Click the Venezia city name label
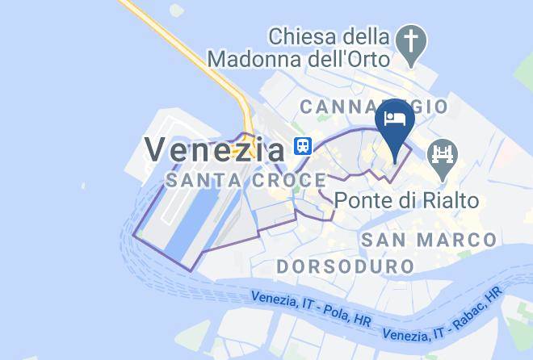tap(214, 147)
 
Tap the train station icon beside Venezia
tap(302, 146)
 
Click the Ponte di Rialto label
tap(406, 199)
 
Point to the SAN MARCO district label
tap(428, 240)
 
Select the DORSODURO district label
tap(345, 266)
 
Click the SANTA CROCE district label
tap(233, 182)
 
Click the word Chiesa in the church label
tap(302, 36)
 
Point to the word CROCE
tap(279, 182)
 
